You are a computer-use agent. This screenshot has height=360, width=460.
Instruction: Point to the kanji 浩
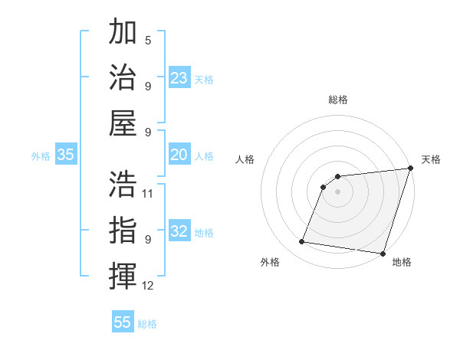point(123,184)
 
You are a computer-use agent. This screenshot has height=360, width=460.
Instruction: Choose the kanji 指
point(123,230)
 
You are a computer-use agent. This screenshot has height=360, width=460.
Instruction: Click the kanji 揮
point(123,276)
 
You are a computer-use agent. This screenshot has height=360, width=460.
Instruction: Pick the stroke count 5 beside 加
point(148,40)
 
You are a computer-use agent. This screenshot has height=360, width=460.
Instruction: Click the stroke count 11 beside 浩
point(148,194)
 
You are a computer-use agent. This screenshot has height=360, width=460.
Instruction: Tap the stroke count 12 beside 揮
point(148,286)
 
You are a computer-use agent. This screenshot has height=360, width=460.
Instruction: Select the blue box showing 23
point(179,78)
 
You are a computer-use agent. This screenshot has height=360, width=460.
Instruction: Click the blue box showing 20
point(179,155)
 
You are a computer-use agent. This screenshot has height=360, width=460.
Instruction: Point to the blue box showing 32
point(179,231)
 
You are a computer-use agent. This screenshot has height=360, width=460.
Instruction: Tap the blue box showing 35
point(66,155)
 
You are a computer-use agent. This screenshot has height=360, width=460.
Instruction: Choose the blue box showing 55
point(123,322)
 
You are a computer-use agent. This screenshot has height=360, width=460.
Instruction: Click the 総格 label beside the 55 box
point(147,324)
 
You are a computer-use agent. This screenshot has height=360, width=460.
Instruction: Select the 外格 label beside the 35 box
point(41,156)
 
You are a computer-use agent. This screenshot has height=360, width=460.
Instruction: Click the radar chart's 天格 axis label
point(431,159)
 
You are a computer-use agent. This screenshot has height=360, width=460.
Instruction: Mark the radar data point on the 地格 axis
point(383,254)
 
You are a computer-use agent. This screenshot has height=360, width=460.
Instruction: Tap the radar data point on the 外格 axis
point(302,242)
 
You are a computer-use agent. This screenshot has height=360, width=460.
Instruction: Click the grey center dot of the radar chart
point(337,191)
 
